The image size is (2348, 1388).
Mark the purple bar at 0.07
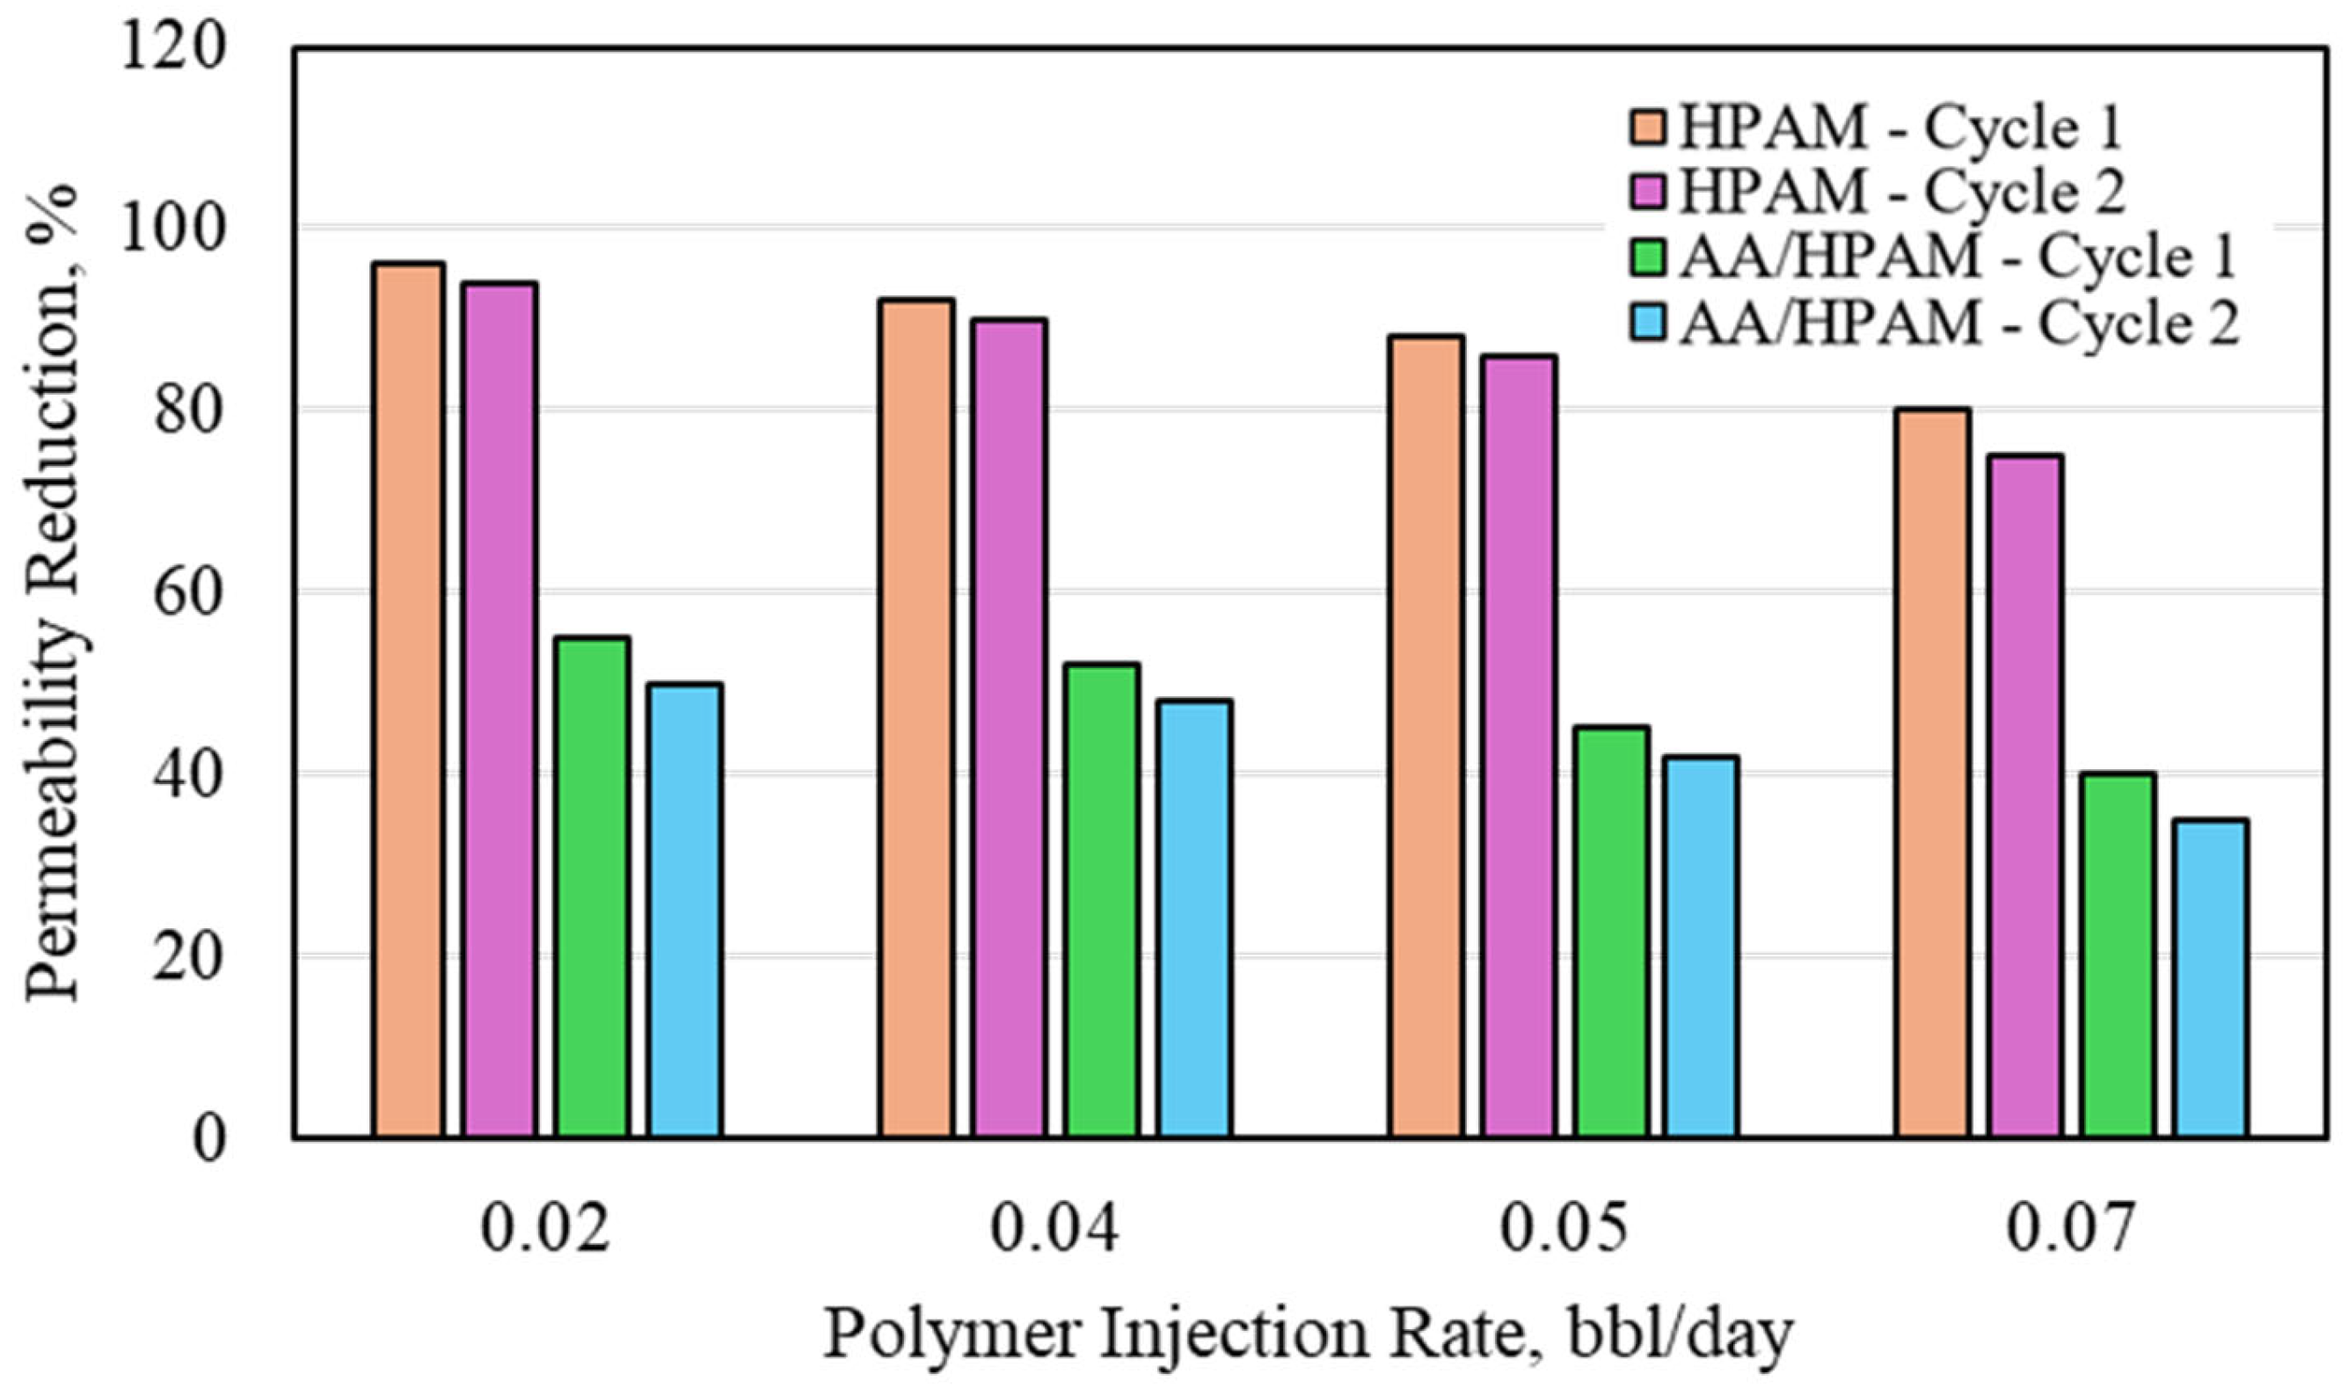point(2026,795)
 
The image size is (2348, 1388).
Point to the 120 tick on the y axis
point(174,47)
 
